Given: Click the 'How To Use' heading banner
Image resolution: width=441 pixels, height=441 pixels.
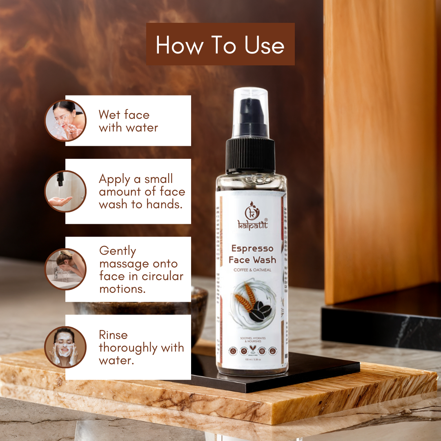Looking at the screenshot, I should [x=220, y=44].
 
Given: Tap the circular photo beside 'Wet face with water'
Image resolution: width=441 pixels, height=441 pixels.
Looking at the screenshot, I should [x=65, y=120].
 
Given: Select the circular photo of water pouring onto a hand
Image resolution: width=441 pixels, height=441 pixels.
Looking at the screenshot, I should [x=65, y=191].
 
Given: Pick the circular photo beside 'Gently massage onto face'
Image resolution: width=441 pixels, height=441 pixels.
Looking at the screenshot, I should [x=65, y=269].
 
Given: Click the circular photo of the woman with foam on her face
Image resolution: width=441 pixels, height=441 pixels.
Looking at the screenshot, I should [x=65, y=347].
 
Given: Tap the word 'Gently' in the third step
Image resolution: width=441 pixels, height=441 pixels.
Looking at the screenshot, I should [x=118, y=251].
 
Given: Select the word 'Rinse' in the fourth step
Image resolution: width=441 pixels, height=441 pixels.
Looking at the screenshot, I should [x=113, y=335].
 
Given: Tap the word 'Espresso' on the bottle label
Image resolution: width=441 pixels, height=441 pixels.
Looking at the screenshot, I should [x=252, y=248].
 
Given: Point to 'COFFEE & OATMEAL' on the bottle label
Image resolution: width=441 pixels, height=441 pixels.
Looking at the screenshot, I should [x=252, y=270].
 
